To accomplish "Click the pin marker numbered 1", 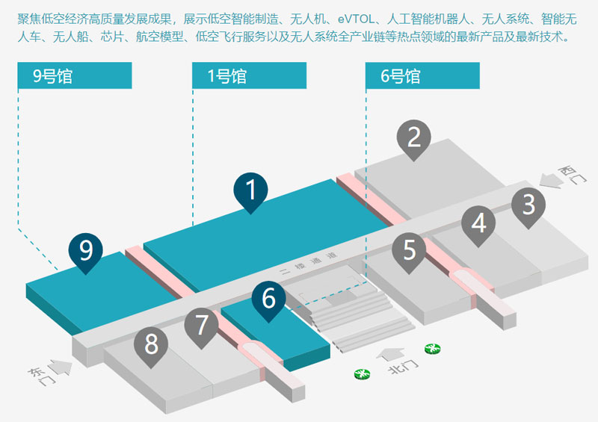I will (251, 190).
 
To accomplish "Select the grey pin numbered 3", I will (528, 203).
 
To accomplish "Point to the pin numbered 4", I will (478, 223).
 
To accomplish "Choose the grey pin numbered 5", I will (409, 249).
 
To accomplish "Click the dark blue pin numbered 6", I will (268, 298).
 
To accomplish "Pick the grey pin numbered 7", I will (201, 325).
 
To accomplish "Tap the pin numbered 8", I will (151, 344).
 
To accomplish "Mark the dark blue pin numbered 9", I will (86, 249).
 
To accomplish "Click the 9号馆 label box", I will (75, 75).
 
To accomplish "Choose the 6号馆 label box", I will (422, 75).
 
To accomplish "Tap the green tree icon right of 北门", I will (431, 349).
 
